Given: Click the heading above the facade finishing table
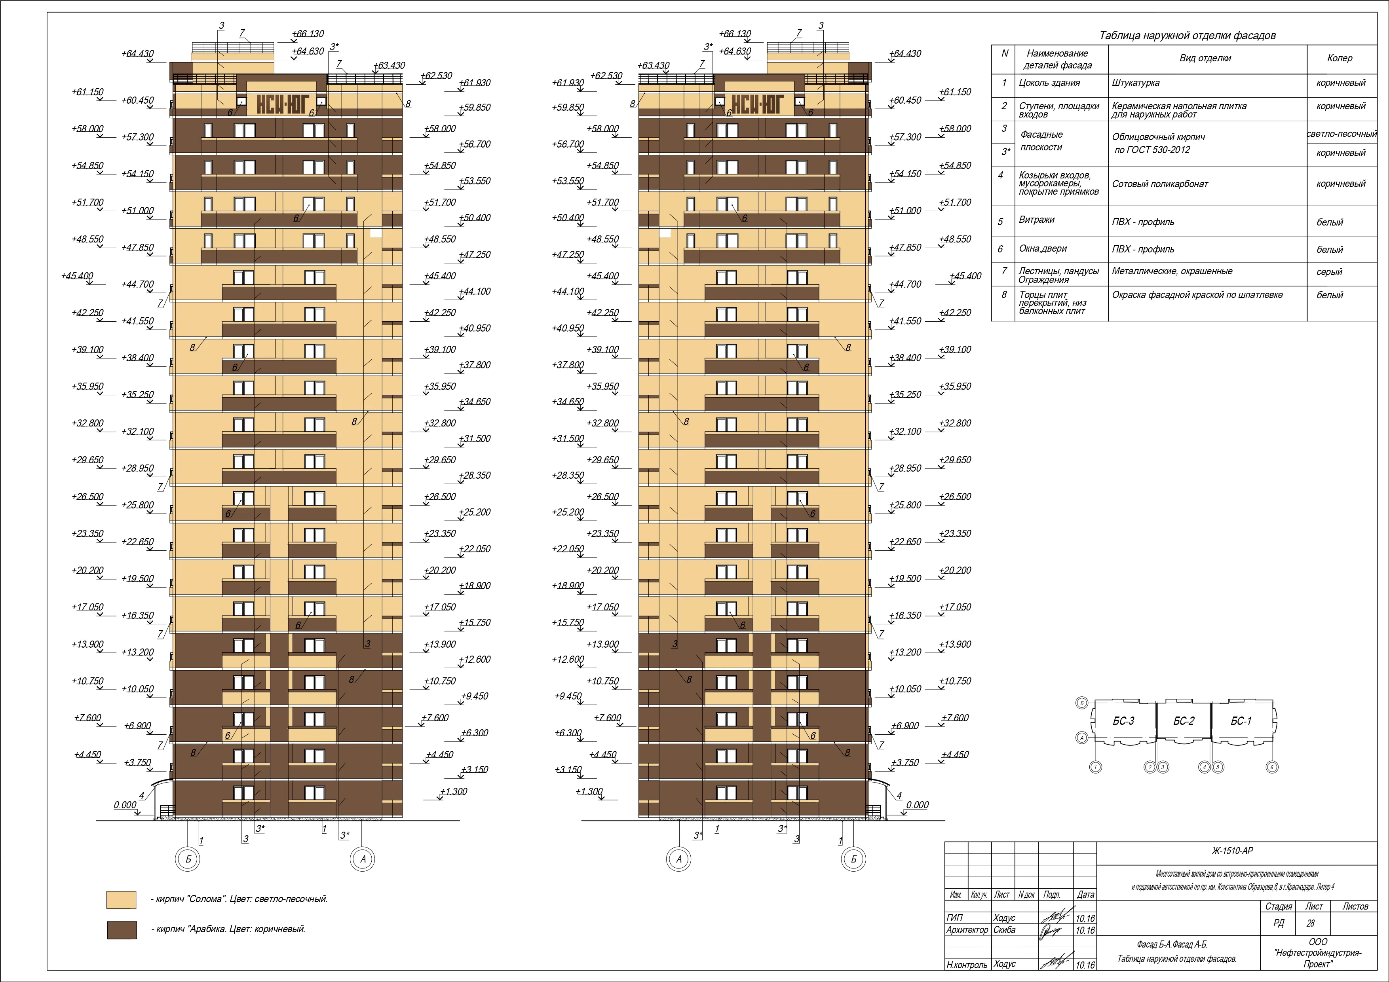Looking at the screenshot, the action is [x=1188, y=36].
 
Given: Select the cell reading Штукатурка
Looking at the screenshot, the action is [x=1136, y=83].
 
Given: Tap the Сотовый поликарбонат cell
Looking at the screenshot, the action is [x=1160, y=184].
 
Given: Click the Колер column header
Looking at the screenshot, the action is [x=1340, y=58].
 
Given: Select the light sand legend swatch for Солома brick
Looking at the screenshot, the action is [x=122, y=899].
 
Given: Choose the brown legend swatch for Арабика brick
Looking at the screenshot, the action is [x=122, y=930].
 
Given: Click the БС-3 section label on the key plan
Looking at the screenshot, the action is [x=1123, y=721].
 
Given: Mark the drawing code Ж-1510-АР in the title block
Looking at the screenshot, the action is [x=1232, y=851].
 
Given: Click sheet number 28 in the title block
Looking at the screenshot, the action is [x=1310, y=923].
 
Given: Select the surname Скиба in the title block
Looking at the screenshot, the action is [x=1004, y=929].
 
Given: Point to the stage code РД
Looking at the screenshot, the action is [x=1278, y=923].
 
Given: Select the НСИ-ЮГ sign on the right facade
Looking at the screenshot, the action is [x=758, y=104].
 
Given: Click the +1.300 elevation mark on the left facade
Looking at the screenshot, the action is [x=453, y=792].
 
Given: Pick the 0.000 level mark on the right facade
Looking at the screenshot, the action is [x=917, y=805].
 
